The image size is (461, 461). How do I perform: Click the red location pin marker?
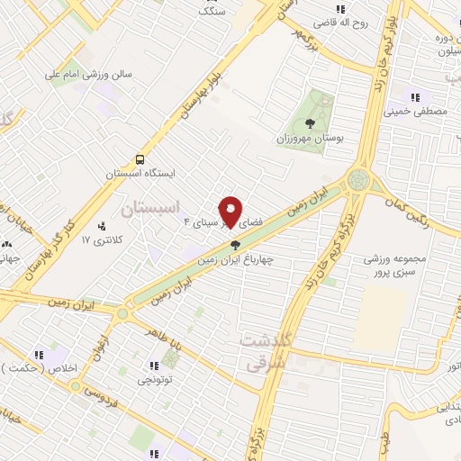point(231,212)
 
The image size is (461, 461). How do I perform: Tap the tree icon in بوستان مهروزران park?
point(311,124)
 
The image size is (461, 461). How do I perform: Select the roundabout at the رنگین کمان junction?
point(358,179)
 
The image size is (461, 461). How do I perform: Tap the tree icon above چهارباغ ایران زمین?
point(236,244)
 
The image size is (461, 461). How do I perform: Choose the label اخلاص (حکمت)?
point(38,369)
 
